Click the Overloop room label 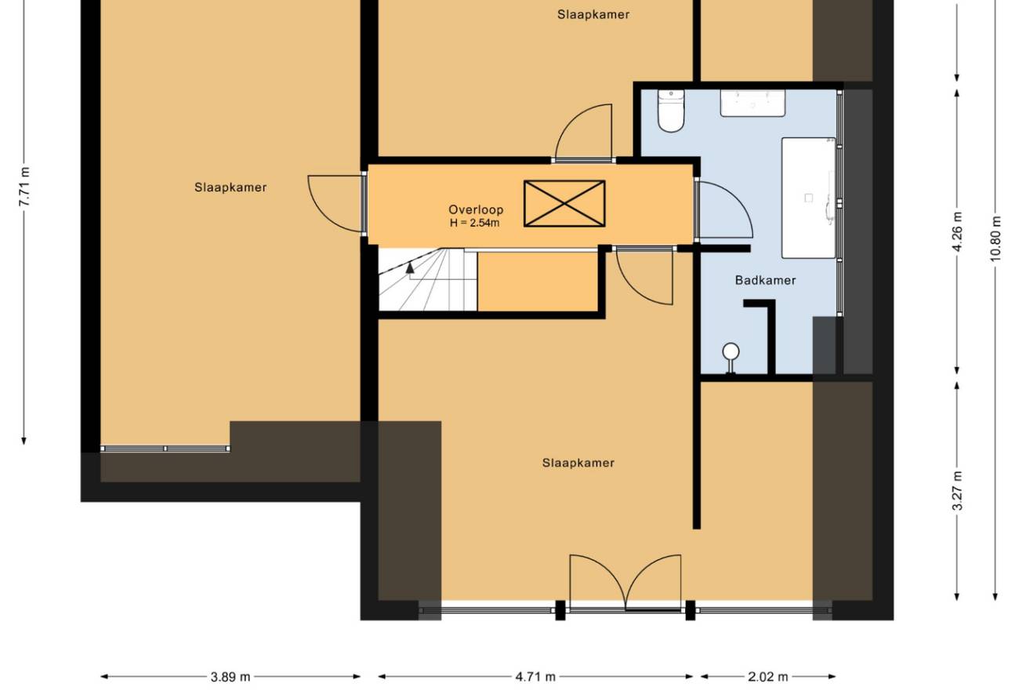point(476,209)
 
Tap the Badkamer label point(766,280)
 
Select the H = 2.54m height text point(474,223)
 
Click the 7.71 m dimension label point(24,187)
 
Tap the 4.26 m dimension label point(957,231)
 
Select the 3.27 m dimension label point(957,491)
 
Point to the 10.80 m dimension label point(995,238)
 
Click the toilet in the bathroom point(671,111)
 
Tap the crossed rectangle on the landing point(564,203)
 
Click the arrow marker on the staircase point(410,267)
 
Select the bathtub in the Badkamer point(809,198)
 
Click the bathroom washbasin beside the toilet point(752,103)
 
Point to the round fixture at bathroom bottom point(731,351)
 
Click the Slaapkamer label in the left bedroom point(230,187)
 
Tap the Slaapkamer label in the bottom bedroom point(578,463)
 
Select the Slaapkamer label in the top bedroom point(593,15)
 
